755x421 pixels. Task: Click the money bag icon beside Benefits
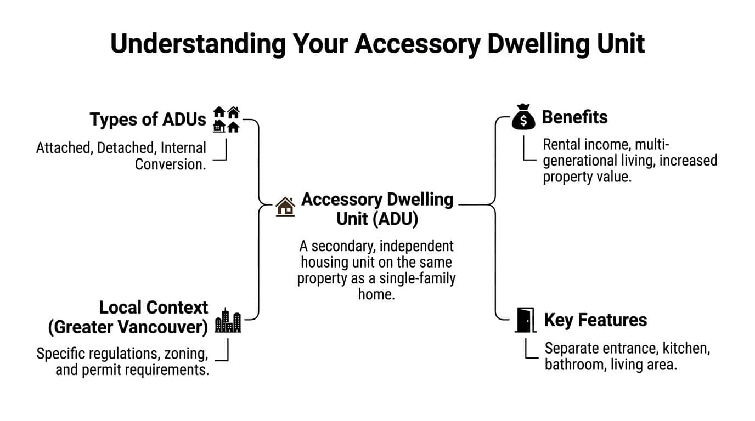[523, 117]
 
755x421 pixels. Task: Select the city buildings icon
[228, 320]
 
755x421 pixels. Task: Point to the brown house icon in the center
[285, 207]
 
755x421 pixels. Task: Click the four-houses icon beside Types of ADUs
[226, 119]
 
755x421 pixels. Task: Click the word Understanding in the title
[198, 44]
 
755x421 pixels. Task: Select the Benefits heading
[574, 117]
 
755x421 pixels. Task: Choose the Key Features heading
[595, 320]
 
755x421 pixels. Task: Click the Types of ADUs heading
[148, 119]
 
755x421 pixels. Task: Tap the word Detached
[126, 148]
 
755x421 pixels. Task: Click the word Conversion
[171, 164]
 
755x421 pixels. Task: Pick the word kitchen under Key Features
[686, 349]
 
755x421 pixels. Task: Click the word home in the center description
[376, 294]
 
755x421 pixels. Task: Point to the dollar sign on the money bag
[523, 120]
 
